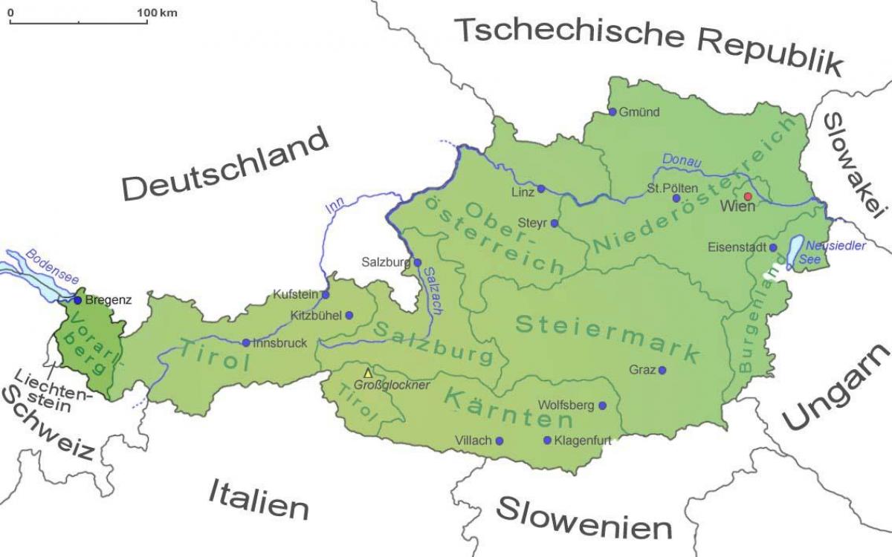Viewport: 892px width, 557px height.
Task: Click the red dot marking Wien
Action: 749,196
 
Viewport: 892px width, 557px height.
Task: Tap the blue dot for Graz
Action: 662,370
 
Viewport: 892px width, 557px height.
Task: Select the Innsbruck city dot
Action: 246,343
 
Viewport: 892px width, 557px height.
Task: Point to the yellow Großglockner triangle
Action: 366,374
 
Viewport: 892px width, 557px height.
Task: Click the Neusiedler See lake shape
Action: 795,251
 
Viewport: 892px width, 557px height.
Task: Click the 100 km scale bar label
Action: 157,13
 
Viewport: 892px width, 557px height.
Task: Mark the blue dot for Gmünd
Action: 613,112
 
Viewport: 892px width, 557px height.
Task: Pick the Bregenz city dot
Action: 77,300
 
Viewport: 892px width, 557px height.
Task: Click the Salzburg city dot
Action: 418,262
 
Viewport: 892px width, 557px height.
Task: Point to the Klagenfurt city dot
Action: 548,440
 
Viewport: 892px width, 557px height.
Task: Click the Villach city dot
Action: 499,440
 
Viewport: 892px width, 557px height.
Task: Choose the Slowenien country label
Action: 584,517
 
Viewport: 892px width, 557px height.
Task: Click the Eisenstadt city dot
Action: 773,247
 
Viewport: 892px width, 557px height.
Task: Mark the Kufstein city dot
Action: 326,294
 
